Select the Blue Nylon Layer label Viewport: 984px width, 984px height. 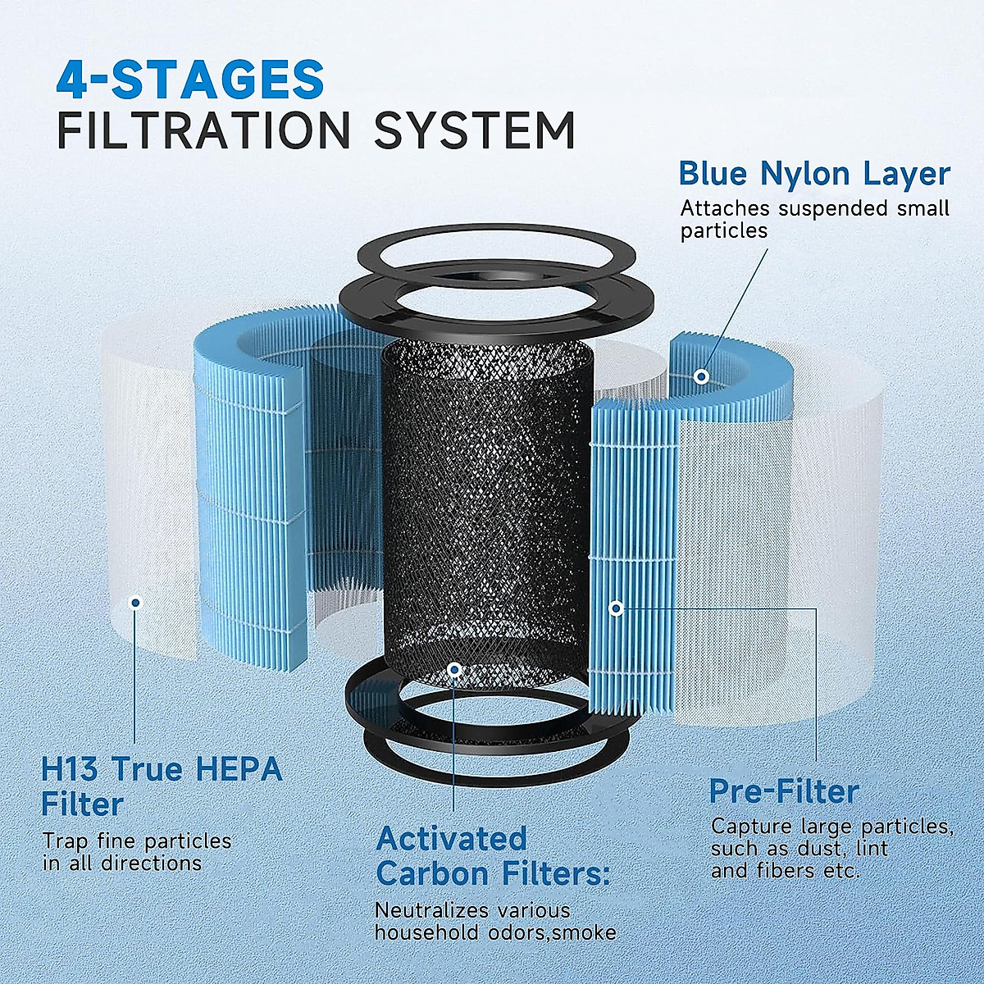point(813,174)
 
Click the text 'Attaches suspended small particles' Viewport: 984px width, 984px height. point(813,219)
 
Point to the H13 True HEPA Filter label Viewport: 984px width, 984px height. point(162,786)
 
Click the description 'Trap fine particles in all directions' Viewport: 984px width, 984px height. point(137,852)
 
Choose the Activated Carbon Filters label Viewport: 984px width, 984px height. point(493,856)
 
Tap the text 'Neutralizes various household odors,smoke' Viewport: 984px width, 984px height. point(494,921)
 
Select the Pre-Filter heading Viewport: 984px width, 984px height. point(783,791)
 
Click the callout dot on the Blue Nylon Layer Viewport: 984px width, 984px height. point(701,376)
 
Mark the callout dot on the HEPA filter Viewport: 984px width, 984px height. point(136,603)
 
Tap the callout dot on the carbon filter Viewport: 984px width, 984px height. point(455,670)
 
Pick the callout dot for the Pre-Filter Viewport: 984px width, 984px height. point(616,608)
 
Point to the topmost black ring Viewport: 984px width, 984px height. point(497,247)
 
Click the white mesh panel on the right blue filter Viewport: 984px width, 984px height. point(722,558)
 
